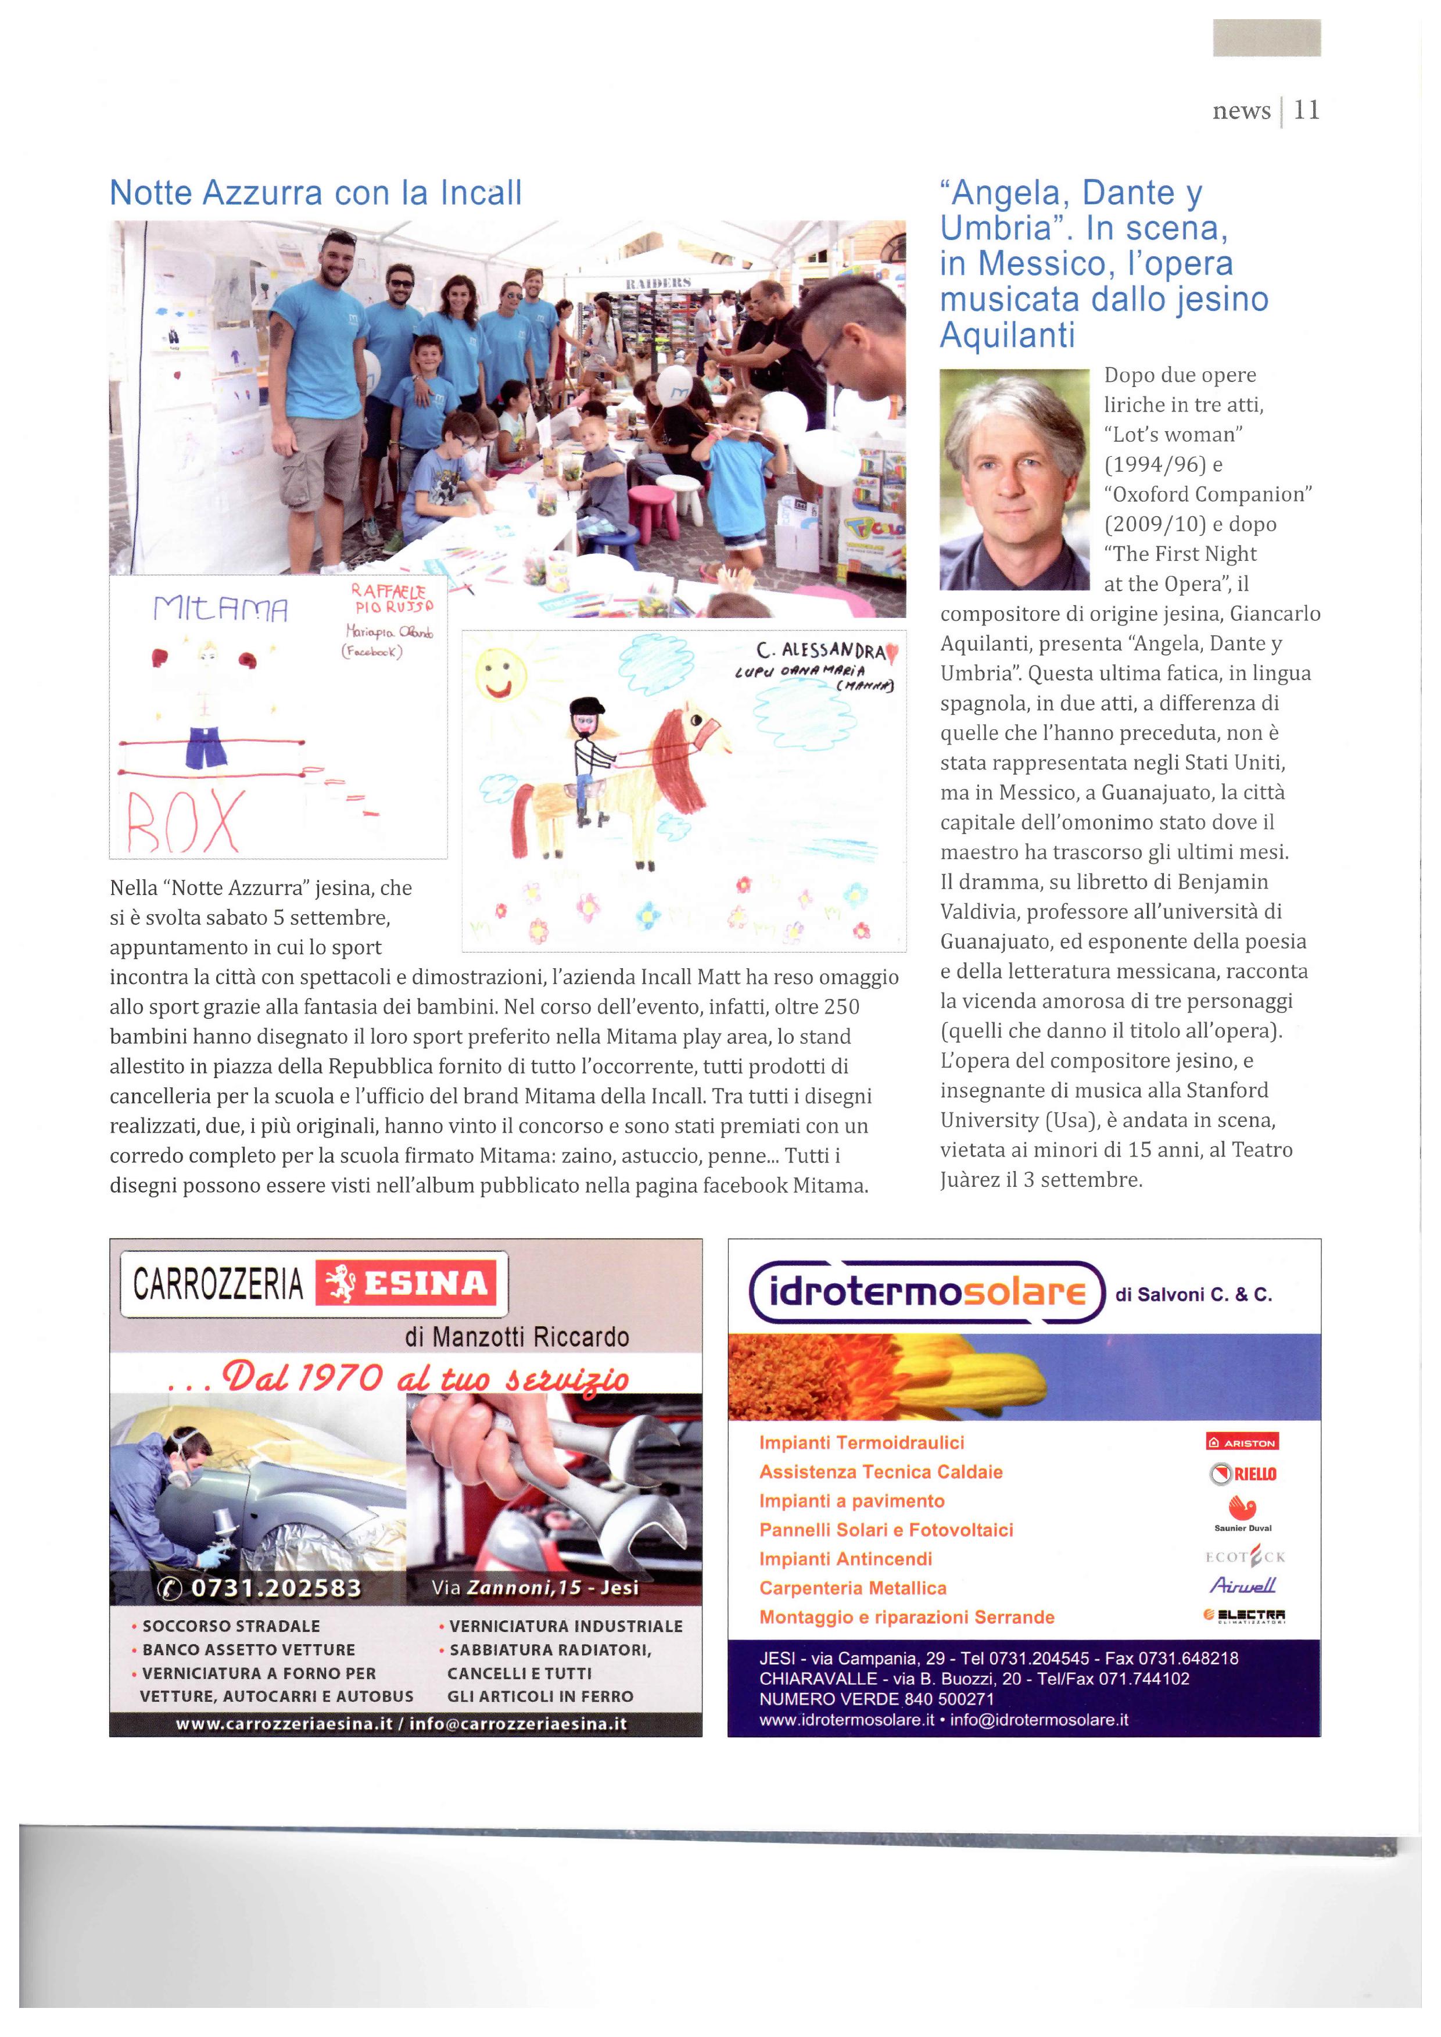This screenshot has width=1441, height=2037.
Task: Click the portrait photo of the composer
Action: point(1014,479)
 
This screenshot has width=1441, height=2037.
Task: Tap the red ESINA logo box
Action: point(406,1283)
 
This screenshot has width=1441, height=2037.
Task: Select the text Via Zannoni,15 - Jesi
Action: point(535,1587)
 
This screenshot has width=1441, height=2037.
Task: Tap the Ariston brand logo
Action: point(1242,1442)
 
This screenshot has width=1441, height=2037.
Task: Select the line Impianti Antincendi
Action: point(845,1559)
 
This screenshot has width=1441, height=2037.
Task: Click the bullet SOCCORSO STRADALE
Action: point(231,1626)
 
